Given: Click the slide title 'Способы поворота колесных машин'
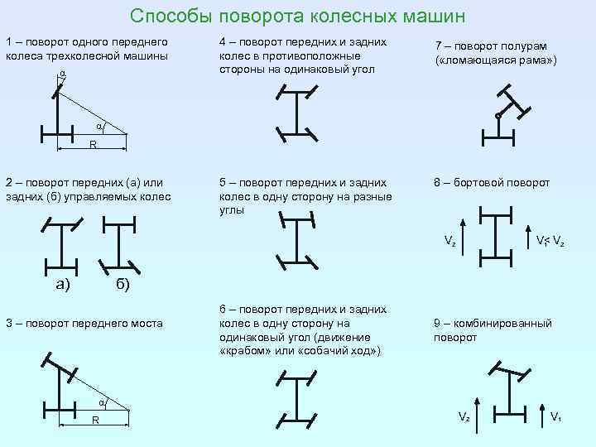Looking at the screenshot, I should [298, 17].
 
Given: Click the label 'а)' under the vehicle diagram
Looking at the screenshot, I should [62, 286].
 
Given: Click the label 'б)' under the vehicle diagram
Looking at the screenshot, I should [121, 286].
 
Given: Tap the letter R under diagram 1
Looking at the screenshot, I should [93, 146].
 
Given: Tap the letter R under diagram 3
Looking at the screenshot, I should [96, 421].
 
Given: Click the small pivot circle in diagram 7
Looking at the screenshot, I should [498, 116].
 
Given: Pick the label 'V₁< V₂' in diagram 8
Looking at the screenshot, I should [550, 242].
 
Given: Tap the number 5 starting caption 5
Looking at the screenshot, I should [223, 182].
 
